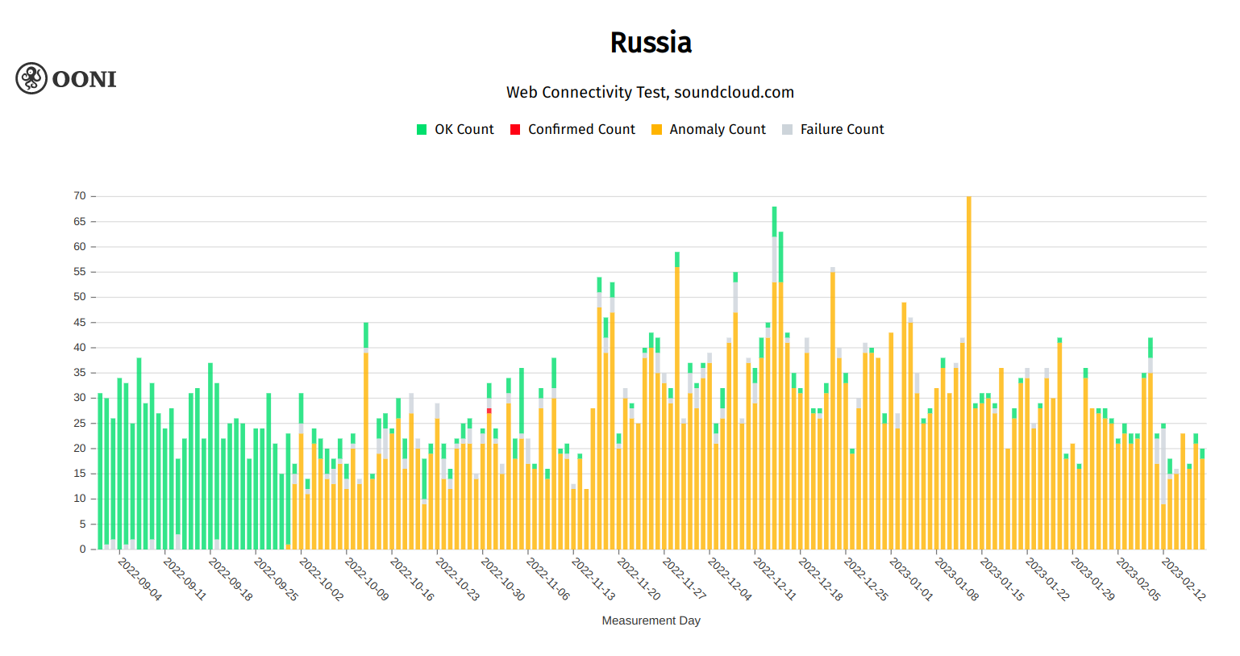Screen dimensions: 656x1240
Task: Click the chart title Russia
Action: point(651,43)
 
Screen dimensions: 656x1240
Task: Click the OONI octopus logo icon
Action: point(31,78)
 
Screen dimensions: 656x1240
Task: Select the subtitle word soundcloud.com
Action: point(734,93)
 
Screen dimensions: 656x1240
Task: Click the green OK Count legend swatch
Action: point(422,130)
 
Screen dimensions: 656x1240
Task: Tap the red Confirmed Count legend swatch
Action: point(515,130)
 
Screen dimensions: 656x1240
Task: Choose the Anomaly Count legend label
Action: point(717,130)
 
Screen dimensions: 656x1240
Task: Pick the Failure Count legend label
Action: point(842,130)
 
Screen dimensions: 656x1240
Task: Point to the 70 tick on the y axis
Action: point(80,196)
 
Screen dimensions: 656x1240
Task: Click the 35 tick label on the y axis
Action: point(80,373)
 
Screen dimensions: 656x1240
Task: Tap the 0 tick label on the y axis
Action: point(82,549)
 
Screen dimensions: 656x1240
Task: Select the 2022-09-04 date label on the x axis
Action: point(140,579)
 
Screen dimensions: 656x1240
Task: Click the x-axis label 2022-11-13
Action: point(593,579)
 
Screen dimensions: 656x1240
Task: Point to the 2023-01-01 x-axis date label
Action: point(911,579)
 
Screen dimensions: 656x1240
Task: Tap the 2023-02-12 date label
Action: point(1184,579)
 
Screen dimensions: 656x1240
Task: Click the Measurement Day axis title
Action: point(651,620)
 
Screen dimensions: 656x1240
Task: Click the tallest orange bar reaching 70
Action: point(969,371)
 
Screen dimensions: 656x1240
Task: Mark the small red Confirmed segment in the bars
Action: point(489,411)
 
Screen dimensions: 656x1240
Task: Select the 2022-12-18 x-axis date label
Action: point(821,579)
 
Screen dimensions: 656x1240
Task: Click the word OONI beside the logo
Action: point(84,79)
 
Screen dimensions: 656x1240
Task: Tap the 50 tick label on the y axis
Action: point(80,297)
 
